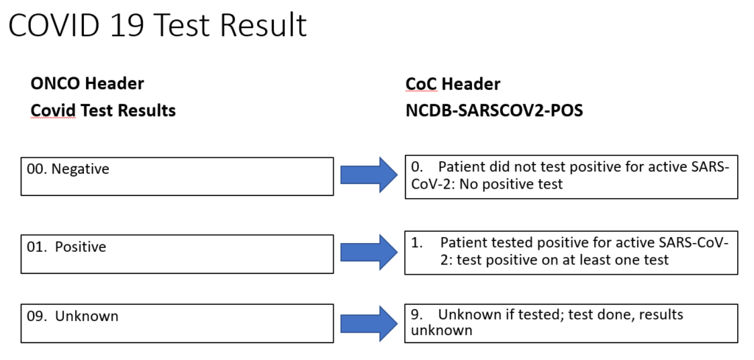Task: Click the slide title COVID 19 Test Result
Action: (158, 25)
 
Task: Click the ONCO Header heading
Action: (87, 84)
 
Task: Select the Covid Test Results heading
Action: (103, 110)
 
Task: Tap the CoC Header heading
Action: (452, 84)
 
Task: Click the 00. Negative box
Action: (177, 177)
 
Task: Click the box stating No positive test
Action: (571, 177)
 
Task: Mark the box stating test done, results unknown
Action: (571, 323)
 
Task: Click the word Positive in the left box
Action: (80, 247)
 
